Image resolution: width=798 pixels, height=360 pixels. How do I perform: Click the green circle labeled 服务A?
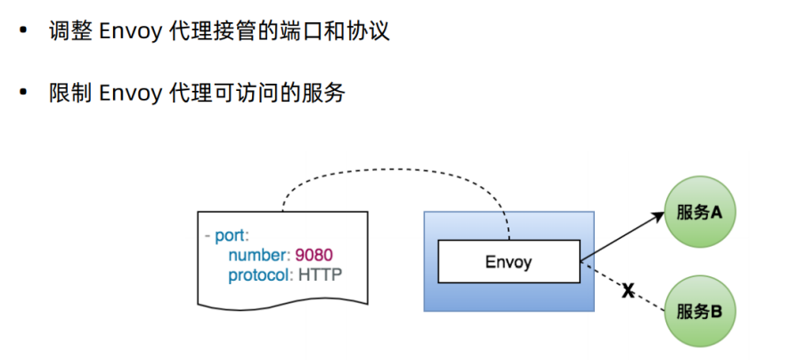pyautogui.click(x=698, y=213)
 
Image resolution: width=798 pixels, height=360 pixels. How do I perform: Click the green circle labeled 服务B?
pyautogui.click(x=698, y=310)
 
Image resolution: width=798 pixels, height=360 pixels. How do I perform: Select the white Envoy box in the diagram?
pyautogui.click(x=509, y=262)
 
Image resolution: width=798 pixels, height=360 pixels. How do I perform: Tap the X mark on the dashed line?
pyautogui.click(x=627, y=290)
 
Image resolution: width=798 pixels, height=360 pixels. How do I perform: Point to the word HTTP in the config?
pyautogui.click(x=320, y=275)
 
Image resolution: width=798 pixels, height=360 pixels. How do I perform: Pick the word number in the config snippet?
pyautogui.click(x=256, y=257)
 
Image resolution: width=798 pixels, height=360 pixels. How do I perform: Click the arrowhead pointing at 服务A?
pyautogui.click(x=660, y=217)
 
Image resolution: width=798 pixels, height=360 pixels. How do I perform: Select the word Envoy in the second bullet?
pyautogui.click(x=129, y=93)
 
